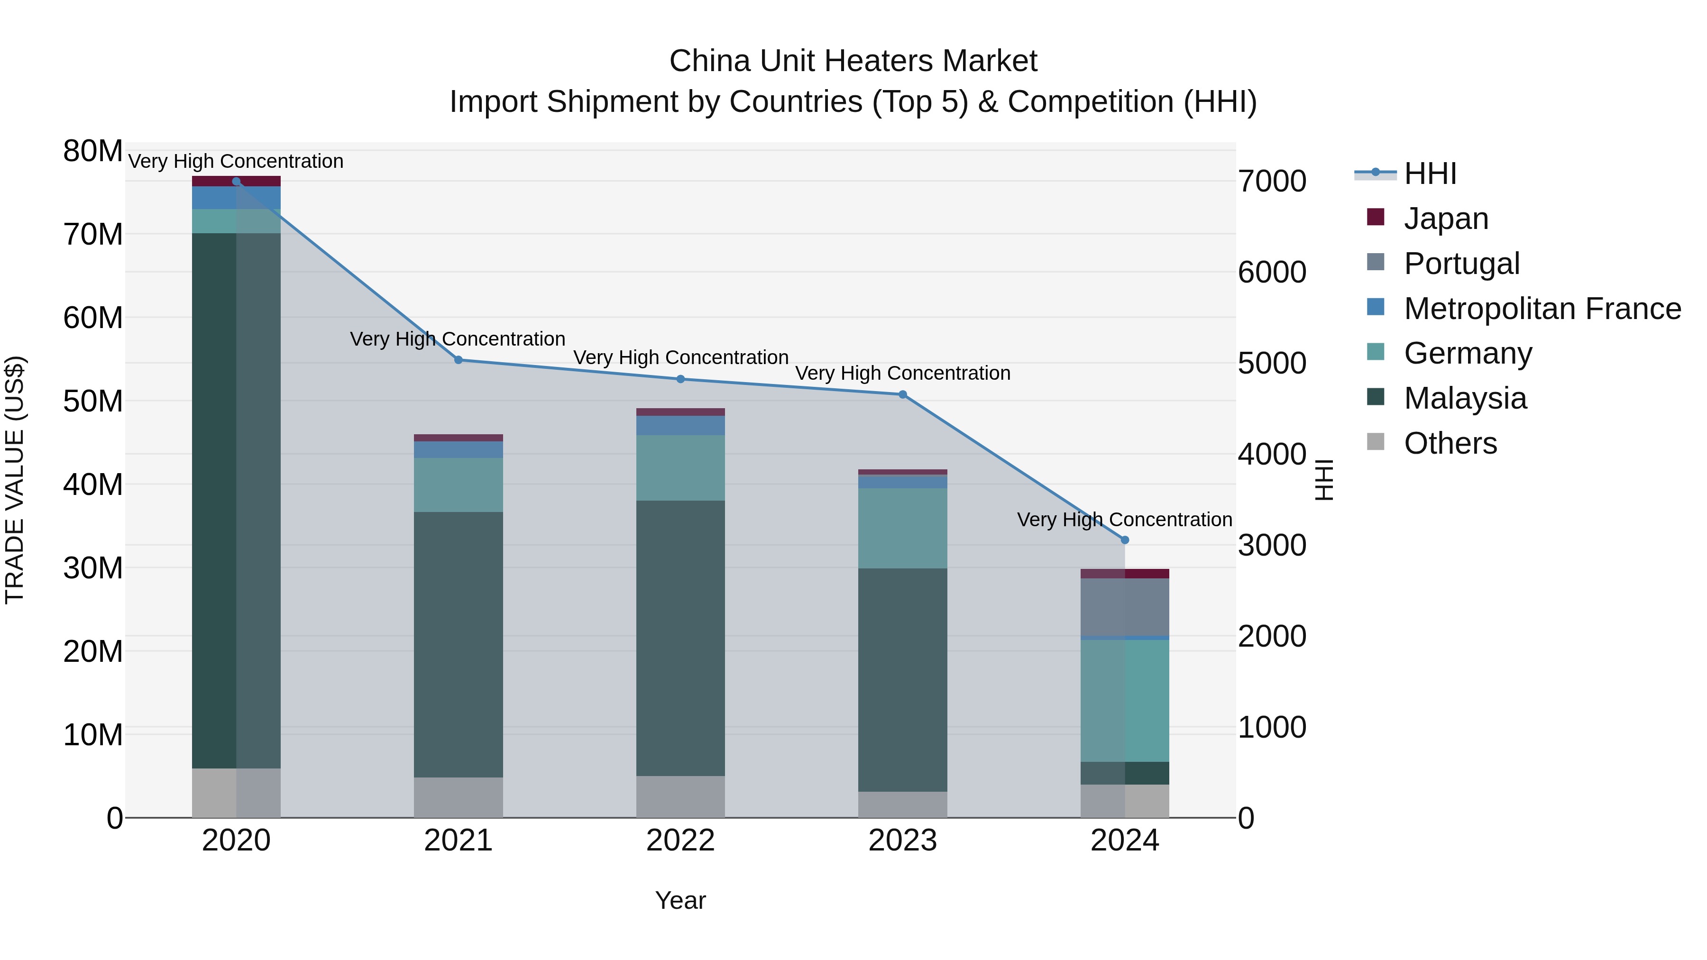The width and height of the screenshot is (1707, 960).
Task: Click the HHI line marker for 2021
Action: tap(458, 360)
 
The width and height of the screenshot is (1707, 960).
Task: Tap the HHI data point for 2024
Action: tap(1125, 540)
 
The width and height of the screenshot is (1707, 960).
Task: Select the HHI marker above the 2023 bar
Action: tap(902, 394)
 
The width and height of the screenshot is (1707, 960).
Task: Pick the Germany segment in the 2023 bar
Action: tap(902, 528)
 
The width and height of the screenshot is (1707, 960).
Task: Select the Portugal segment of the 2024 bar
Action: tap(1125, 607)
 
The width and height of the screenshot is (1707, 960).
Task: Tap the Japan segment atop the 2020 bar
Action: tap(237, 181)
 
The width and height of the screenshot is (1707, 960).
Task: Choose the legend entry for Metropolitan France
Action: tap(1542, 308)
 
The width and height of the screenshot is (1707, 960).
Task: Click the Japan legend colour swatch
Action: tap(1376, 217)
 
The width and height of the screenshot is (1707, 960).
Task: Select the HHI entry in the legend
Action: tap(1430, 174)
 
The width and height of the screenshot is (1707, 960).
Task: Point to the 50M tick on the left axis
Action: tap(93, 401)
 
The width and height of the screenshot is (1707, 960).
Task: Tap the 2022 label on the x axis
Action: tap(680, 841)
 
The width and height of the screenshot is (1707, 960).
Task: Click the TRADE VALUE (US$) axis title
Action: tap(15, 480)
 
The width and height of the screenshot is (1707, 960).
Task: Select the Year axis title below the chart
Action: tap(680, 900)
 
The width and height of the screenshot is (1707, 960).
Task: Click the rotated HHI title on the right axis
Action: tap(1323, 480)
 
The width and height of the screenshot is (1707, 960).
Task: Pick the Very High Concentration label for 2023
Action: tap(902, 373)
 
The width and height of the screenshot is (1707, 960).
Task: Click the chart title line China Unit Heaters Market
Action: tap(853, 61)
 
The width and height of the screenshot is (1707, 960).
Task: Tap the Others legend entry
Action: tap(1450, 443)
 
